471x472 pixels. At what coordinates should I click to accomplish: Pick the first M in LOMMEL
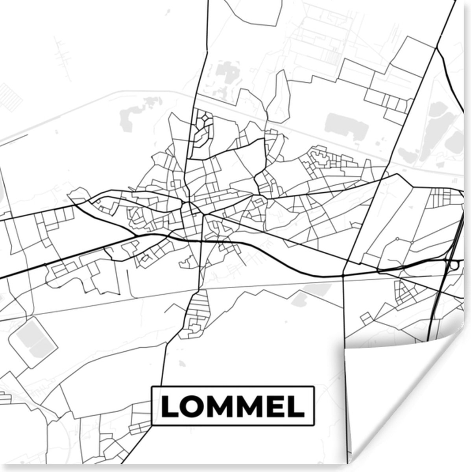pyautogui.click(x=217, y=406)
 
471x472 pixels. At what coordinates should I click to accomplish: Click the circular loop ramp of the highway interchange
pyautogui.click(x=454, y=265)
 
